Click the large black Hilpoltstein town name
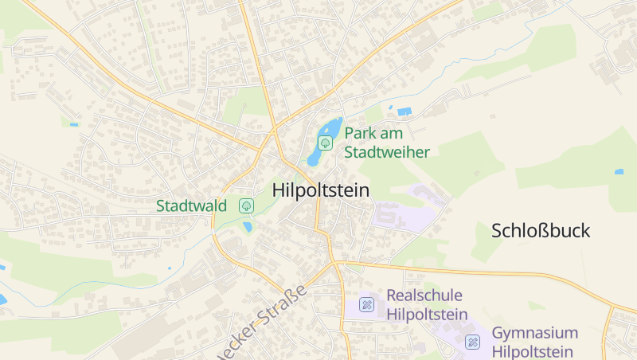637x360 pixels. coord(321,190)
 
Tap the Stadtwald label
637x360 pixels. coord(191,205)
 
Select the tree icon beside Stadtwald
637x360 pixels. coord(246,205)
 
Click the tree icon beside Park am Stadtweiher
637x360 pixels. coord(325,142)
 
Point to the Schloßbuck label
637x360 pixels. coord(541,231)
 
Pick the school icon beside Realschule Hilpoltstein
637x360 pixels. coord(366,304)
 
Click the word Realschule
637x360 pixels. coord(424,295)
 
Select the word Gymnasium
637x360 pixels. coord(535,333)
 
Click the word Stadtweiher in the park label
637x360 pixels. coord(387,152)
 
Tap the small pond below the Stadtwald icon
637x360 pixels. coord(247,227)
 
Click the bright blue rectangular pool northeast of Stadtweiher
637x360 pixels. coord(404,111)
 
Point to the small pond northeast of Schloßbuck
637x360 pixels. coord(619,171)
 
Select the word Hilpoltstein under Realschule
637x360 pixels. coord(426,314)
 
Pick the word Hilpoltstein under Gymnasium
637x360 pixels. coord(533,352)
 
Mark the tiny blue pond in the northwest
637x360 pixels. coord(73,124)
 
